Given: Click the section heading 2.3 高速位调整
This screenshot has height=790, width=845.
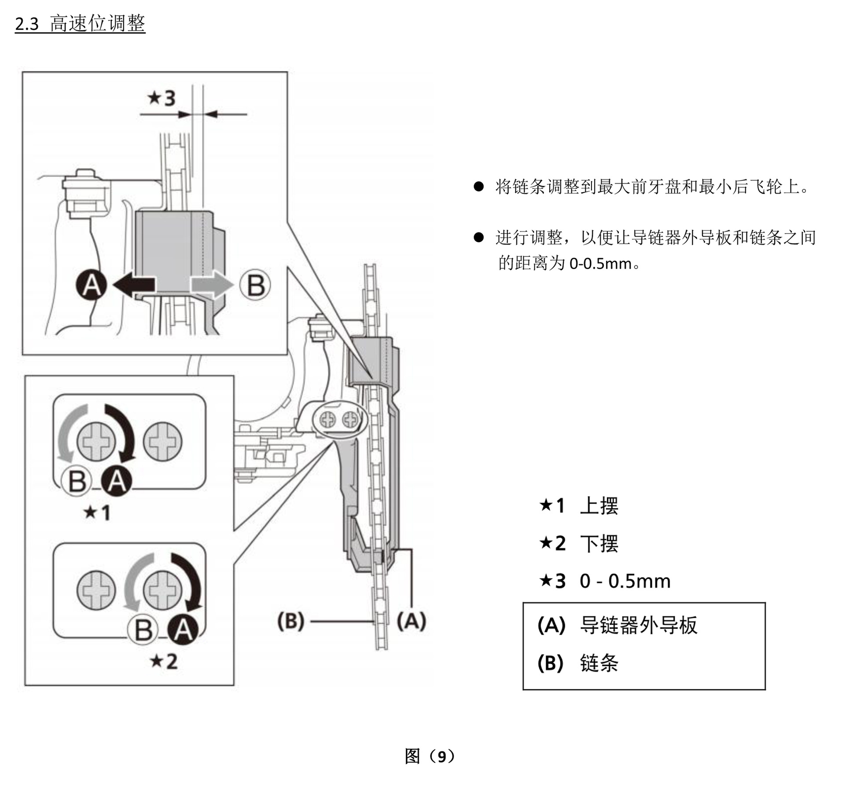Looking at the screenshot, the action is pyautogui.click(x=80, y=23).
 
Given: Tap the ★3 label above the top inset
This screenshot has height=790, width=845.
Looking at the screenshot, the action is pyautogui.click(x=162, y=98).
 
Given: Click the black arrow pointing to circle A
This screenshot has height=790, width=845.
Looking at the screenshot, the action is pyautogui.click(x=134, y=285).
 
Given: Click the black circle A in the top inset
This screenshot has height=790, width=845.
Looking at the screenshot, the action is pyautogui.click(x=91, y=285).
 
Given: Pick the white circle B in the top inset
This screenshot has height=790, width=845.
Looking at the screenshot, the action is pyautogui.click(x=255, y=285).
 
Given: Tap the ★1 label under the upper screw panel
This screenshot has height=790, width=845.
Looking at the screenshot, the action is pyautogui.click(x=97, y=512).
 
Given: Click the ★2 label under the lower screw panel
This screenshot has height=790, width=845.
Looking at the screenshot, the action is pyautogui.click(x=164, y=661).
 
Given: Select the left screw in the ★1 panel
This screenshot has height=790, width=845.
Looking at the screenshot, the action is pyautogui.click(x=96, y=442).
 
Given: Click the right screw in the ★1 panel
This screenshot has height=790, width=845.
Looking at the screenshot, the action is pyautogui.click(x=163, y=442).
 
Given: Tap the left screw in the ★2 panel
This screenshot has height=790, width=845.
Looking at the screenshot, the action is pyautogui.click(x=96, y=590).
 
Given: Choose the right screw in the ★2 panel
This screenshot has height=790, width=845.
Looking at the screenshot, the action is pyautogui.click(x=163, y=590).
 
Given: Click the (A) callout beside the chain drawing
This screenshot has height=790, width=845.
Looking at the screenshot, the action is pyautogui.click(x=411, y=621).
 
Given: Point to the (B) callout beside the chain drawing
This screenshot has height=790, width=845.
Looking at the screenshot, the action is pyautogui.click(x=291, y=621).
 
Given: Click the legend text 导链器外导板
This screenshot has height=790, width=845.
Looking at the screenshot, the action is pyautogui.click(x=639, y=625).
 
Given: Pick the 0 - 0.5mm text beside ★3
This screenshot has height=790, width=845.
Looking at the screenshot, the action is pyautogui.click(x=625, y=581).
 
